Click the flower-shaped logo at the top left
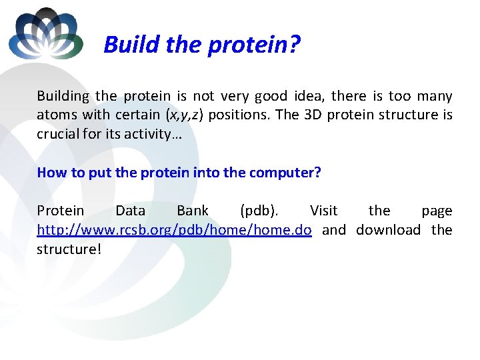click(x=46, y=34)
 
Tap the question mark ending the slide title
click(x=295, y=45)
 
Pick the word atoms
click(x=57, y=115)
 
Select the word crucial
click(x=59, y=133)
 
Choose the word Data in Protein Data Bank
click(x=130, y=211)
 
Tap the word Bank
click(x=193, y=211)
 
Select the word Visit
click(x=324, y=211)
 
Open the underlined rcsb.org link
click(x=174, y=230)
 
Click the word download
click(x=388, y=230)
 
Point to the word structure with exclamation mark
click(x=67, y=249)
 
